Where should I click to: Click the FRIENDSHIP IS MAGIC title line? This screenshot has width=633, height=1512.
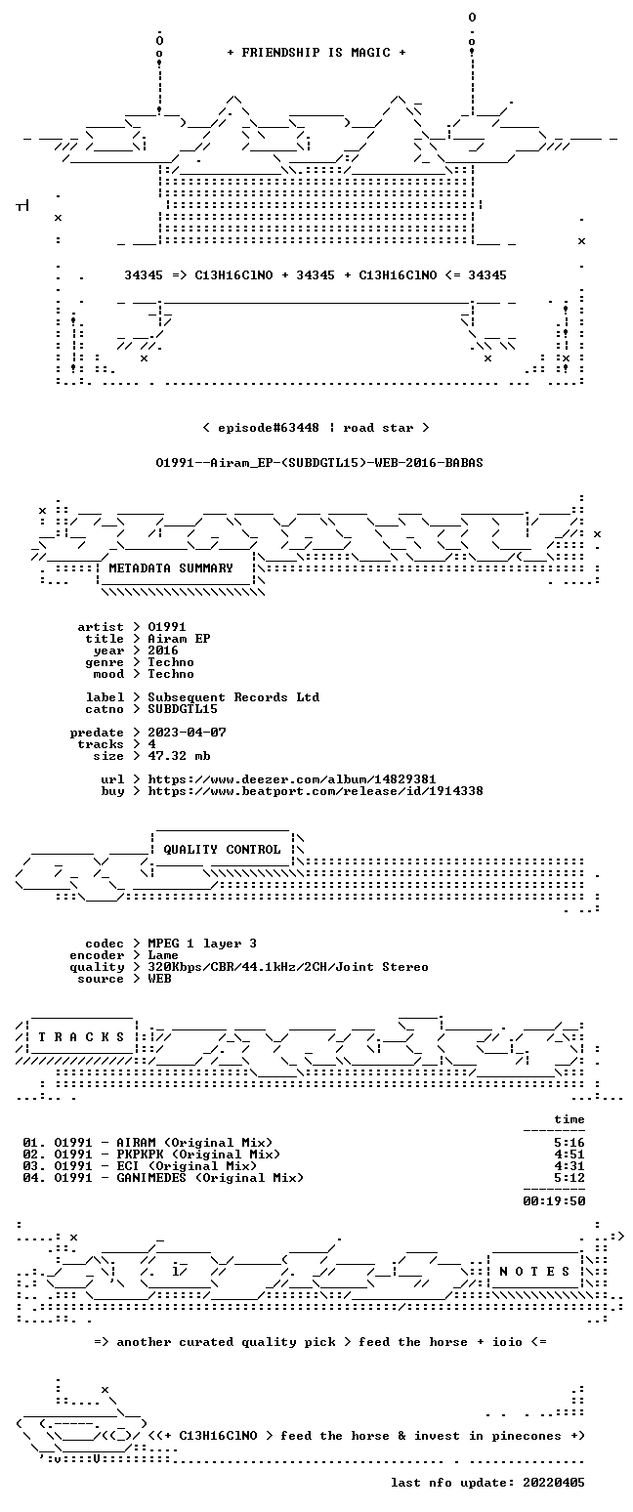(316, 53)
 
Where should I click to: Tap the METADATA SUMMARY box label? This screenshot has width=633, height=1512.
(171, 568)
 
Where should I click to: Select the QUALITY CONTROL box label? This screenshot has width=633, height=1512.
(222, 850)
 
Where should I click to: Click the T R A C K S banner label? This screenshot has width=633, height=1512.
(81, 1037)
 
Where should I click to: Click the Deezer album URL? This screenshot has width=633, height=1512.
(291, 779)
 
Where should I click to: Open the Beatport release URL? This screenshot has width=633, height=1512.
(316, 791)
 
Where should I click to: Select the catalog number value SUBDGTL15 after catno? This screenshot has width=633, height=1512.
(183, 709)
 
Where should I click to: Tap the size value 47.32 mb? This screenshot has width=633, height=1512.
(179, 756)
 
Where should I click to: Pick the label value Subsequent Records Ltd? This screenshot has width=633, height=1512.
(233, 697)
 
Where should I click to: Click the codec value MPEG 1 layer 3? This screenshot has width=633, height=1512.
(202, 944)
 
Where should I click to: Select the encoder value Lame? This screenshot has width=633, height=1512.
(162, 956)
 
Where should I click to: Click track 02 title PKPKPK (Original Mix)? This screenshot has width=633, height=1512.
(198, 1155)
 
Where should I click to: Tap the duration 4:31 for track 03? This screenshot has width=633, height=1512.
(570, 1166)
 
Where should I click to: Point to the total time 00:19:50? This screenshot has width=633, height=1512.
(554, 1201)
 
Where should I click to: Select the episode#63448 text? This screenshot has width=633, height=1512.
(268, 428)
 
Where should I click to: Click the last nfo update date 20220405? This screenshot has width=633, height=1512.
(553, 1483)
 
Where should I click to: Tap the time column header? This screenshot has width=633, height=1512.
(570, 1119)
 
